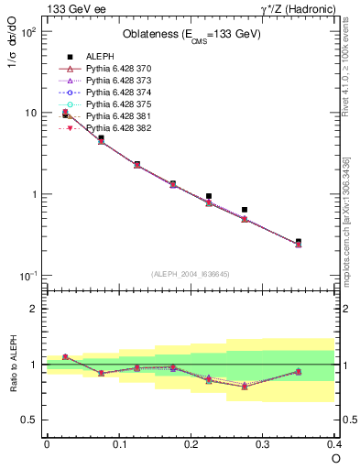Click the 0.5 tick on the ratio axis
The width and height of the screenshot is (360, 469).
coord(34,420)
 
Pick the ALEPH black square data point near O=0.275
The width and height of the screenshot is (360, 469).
coord(245,210)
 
